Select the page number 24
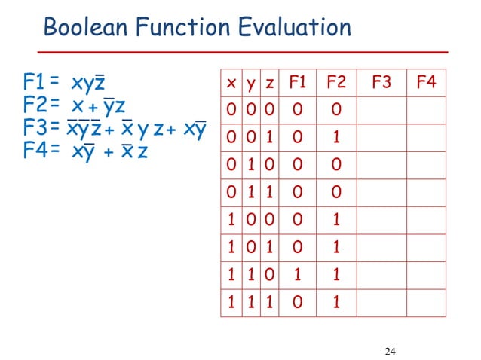[x=389, y=350]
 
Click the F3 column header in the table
[x=381, y=81]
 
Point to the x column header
[x=230, y=81]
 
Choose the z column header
[x=269, y=81]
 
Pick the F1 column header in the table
[x=297, y=81]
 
